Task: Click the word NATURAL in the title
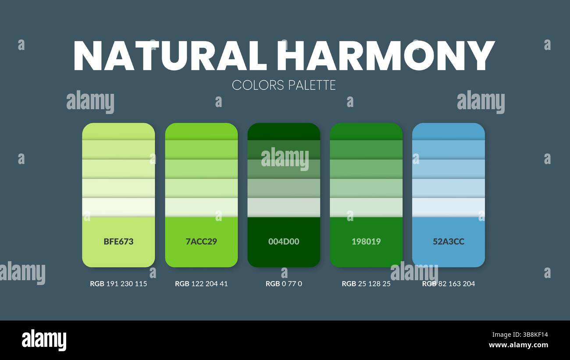point(170,56)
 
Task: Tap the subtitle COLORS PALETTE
point(284,85)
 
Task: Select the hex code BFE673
point(118,241)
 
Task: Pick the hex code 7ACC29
point(201,241)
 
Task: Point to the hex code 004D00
point(284,241)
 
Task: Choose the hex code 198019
point(366,241)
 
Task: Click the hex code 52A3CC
point(449,241)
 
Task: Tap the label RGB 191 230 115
point(118,284)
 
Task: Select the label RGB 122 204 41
point(201,284)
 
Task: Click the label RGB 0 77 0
point(284,284)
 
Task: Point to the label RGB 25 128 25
point(366,284)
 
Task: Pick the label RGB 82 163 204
point(449,284)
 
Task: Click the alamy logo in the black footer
point(44,340)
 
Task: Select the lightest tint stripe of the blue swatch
point(449,207)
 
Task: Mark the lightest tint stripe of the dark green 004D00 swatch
point(284,207)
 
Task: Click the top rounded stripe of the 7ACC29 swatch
point(201,131)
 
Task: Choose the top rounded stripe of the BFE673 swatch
point(118,131)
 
